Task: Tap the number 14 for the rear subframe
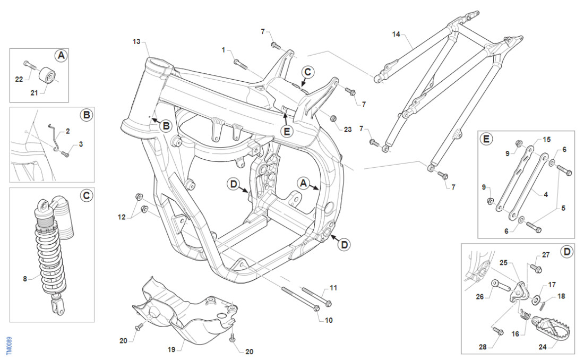click(397, 35)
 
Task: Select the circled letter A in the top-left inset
click(61, 55)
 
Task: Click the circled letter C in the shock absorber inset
click(86, 195)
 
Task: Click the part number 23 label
click(348, 129)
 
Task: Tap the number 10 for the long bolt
click(329, 321)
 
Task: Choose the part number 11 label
click(333, 288)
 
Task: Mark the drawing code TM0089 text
click(10, 345)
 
